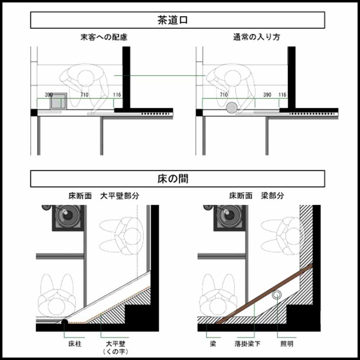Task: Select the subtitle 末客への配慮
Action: [x=101, y=37]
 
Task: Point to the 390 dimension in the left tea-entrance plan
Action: [x=49, y=95]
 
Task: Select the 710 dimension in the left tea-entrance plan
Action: [x=84, y=95]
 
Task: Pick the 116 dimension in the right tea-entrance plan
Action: [x=282, y=95]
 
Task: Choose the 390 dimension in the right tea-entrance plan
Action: [x=267, y=95]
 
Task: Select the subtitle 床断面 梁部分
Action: [x=256, y=196]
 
